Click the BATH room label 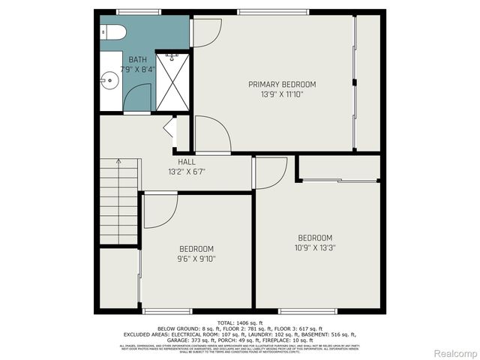pos(137,59)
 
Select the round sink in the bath pos(109,78)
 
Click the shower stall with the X pos(172,82)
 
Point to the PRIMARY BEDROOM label pos(282,85)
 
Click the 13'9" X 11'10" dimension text pos(282,94)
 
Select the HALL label pos(187,162)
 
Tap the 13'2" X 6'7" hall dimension pos(187,172)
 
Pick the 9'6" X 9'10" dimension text pos(196,259)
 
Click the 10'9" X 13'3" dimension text pos(314,248)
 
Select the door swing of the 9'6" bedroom pos(158,211)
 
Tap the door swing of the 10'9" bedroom pos(270,173)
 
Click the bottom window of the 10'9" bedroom pos(307,311)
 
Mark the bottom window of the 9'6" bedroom pos(166,311)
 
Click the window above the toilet pos(139,11)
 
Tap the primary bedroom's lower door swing pos(211,135)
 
